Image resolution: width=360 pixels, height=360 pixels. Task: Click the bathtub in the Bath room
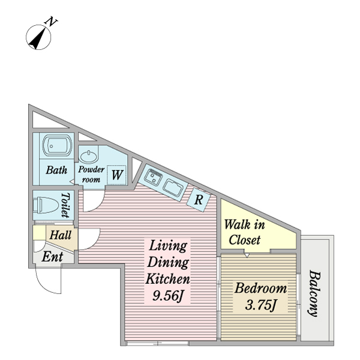[56, 146]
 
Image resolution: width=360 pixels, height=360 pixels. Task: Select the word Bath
[56, 170]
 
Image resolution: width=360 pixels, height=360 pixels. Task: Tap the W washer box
[118, 175]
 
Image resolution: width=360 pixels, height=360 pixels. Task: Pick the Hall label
[60, 235]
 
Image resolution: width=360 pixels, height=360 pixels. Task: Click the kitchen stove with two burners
[154, 177]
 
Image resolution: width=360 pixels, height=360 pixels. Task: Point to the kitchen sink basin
[175, 188]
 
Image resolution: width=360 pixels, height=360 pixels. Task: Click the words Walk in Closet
[244, 233]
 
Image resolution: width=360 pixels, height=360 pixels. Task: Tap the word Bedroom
[260, 289]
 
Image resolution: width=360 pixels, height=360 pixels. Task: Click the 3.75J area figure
[260, 305]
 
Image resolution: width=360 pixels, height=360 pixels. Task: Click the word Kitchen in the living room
[168, 279]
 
